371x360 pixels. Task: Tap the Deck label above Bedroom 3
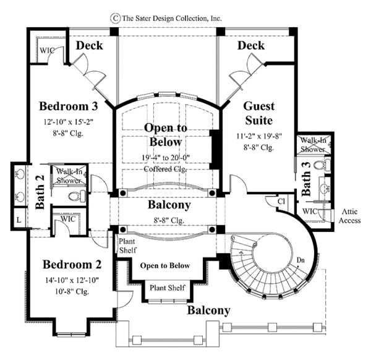(88, 46)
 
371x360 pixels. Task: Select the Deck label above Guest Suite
(251, 46)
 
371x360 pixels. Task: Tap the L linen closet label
(19, 220)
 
